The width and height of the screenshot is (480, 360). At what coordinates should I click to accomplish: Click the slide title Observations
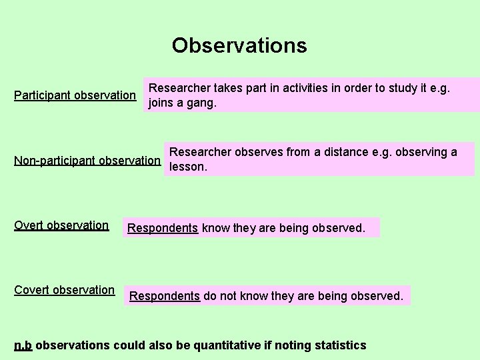pyautogui.click(x=239, y=45)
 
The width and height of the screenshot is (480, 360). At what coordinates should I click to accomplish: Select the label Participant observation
pyautogui.click(x=75, y=95)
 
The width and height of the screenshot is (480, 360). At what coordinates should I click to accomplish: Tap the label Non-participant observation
pyautogui.click(x=87, y=161)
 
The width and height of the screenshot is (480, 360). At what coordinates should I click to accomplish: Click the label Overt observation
pyautogui.click(x=61, y=225)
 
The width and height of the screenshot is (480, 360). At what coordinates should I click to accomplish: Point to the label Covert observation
pyautogui.click(x=64, y=290)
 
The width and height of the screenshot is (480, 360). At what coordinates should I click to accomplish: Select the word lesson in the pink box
pyautogui.click(x=189, y=167)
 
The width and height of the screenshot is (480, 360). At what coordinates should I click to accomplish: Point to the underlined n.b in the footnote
pyautogui.click(x=23, y=345)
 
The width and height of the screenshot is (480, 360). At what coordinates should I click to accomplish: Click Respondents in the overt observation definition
pyautogui.click(x=163, y=228)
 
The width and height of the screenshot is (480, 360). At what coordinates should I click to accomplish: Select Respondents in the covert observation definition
pyautogui.click(x=165, y=296)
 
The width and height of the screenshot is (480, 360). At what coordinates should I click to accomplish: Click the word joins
pyautogui.click(x=162, y=104)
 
